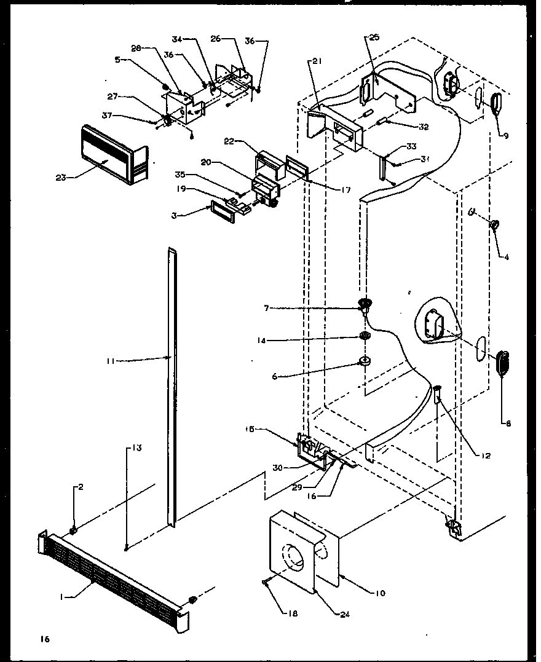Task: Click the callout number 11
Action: coord(109,361)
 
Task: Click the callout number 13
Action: coord(135,448)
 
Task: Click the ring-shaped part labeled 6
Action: coord(364,360)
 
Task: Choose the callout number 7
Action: coord(266,307)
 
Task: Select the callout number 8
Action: coord(508,423)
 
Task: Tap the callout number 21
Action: coord(316,60)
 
